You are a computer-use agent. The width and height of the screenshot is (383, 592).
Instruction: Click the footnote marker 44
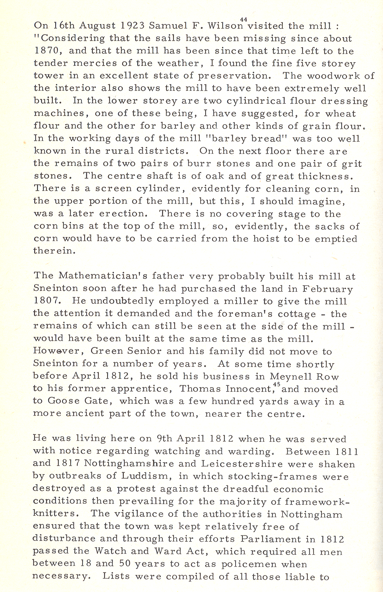tap(244, 19)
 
